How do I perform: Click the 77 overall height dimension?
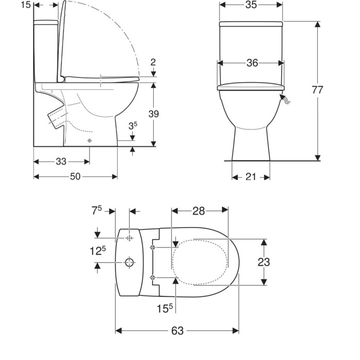[317, 89]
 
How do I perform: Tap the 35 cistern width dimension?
[251, 5]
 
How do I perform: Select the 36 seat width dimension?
[252, 63]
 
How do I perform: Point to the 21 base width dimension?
[250, 177]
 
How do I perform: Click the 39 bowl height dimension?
[154, 114]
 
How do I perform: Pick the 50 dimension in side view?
[75, 176]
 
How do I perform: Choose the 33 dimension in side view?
[61, 161]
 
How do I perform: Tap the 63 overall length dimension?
[177, 331]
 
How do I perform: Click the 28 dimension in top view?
[199, 211]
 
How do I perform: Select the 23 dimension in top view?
[263, 262]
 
